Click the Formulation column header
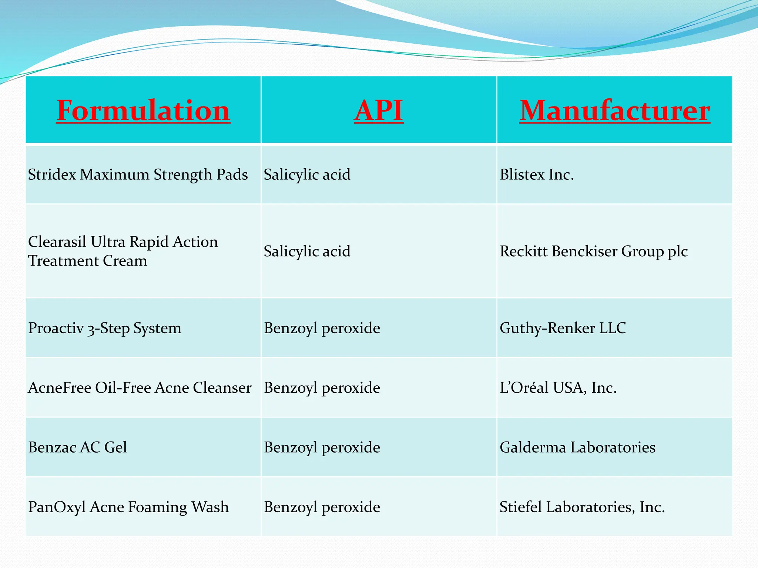click(x=143, y=110)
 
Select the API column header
click(x=379, y=110)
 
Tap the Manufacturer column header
click(x=614, y=110)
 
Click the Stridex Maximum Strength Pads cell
click(x=138, y=175)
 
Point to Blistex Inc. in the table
click(x=537, y=175)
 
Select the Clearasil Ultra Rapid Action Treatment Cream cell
click(x=123, y=251)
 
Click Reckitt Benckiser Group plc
click(x=594, y=251)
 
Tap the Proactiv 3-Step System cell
click(x=105, y=328)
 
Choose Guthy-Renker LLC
click(x=563, y=328)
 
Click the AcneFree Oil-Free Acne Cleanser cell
click(x=140, y=388)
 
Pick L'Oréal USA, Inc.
click(x=558, y=388)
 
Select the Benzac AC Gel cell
click(x=77, y=447)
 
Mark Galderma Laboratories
click(x=577, y=447)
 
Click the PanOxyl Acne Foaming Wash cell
click(x=128, y=507)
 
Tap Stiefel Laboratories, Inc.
click(x=582, y=507)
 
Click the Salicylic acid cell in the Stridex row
click(x=307, y=175)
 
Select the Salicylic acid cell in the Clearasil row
click(x=307, y=251)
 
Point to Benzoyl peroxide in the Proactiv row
click(x=322, y=328)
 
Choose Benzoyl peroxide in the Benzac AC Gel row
click(x=322, y=447)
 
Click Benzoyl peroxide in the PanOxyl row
click(x=322, y=507)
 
